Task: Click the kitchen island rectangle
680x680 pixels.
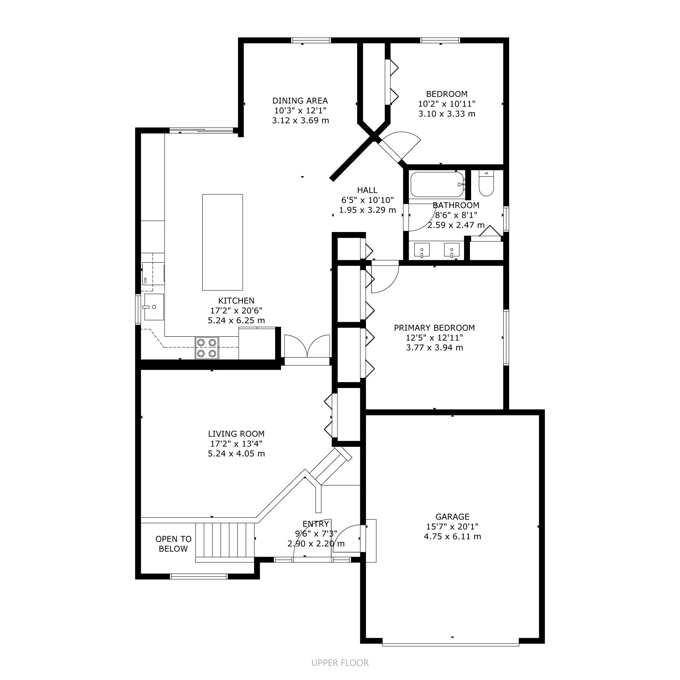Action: [222, 242]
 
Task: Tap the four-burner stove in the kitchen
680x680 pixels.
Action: [207, 348]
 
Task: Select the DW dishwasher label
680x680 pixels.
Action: [145, 280]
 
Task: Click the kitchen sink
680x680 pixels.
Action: [153, 307]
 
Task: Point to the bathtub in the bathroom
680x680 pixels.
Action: [437, 184]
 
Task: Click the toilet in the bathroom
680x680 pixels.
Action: [486, 183]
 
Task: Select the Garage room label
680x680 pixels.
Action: [452, 517]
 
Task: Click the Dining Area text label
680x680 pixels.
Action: [300, 101]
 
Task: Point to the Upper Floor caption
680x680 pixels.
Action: [340, 663]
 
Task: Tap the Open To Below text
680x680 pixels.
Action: [173, 544]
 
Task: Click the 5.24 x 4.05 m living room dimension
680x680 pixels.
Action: [236, 453]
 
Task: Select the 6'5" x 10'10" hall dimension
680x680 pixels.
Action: [367, 200]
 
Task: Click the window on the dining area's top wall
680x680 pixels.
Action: [311, 40]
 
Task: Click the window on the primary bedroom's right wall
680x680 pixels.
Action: [506, 337]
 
